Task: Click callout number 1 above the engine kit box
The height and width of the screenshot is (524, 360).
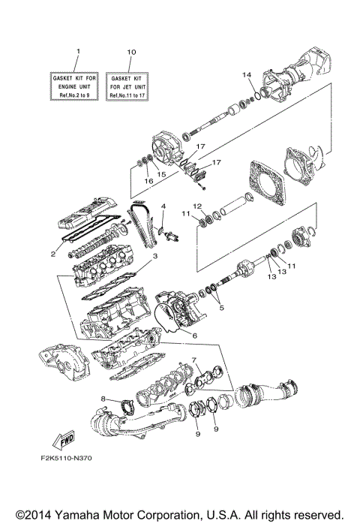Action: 77,50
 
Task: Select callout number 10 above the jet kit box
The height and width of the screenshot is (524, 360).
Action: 131,51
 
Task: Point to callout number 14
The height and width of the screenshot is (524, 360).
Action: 244,75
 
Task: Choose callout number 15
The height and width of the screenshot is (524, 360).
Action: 160,174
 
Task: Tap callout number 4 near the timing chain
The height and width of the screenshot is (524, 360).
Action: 163,206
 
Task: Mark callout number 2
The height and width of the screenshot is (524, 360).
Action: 53,254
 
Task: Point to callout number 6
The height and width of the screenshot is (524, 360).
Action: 193,336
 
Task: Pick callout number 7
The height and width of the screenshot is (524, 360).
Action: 193,360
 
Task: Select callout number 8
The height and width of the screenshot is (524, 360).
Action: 103,398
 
